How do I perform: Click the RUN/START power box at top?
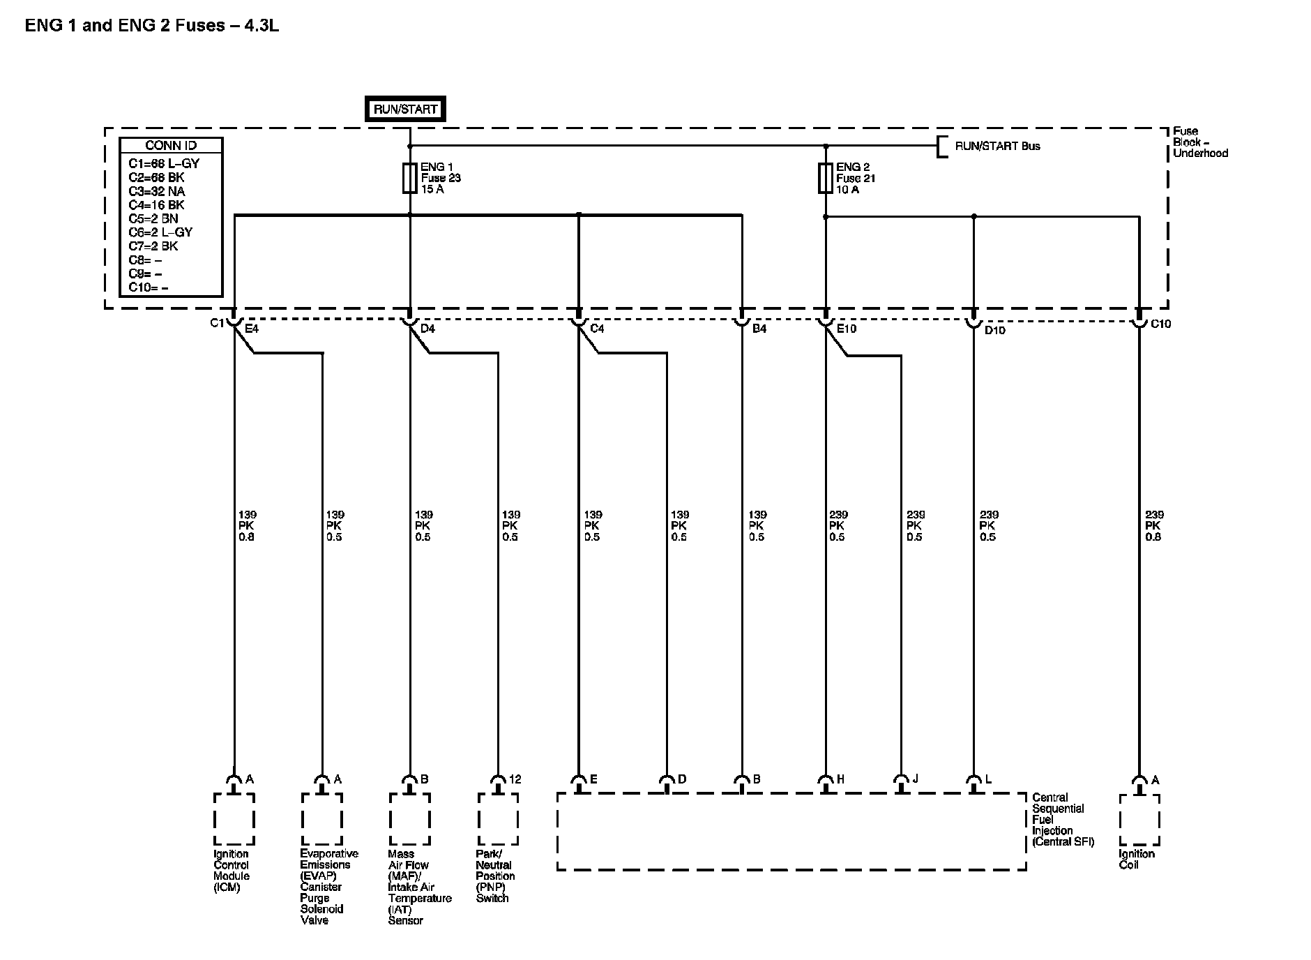(x=405, y=110)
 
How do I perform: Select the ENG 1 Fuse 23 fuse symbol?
(x=409, y=178)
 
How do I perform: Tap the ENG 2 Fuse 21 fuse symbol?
(x=826, y=178)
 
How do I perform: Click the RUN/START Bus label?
(x=997, y=147)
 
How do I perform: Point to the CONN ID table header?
(x=171, y=146)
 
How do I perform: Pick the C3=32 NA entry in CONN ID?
(x=157, y=191)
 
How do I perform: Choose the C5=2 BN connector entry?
(x=153, y=218)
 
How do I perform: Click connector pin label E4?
(x=252, y=329)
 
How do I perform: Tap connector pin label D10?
(x=994, y=330)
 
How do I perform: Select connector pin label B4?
(x=759, y=329)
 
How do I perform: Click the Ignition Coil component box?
(x=1139, y=820)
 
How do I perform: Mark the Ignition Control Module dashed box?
(x=234, y=819)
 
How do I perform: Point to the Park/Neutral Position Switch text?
(x=495, y=876)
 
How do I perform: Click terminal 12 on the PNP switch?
(x=515, y=779)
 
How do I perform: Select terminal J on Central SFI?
(x=915, y=779)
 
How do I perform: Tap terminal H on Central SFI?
(x=840, y=779)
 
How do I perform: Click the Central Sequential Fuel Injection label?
(x=1063, y=820)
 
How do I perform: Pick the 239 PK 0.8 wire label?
(x=1154, y=526)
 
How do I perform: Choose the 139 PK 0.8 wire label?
(x=247, y=526)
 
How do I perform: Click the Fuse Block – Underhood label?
(x=1199, y=142)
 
